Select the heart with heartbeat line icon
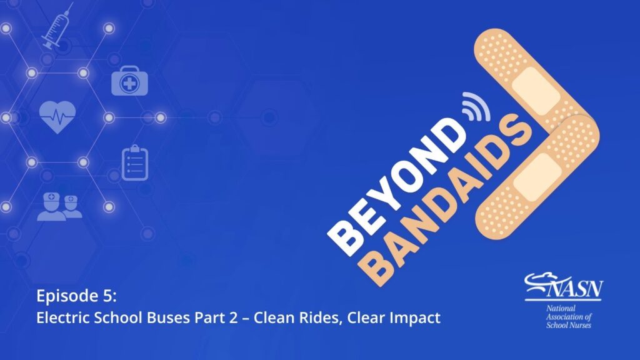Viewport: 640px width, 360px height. pos(57,117)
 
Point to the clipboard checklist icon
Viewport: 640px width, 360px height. pos(135,163)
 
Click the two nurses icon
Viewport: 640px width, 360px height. pos(59,206)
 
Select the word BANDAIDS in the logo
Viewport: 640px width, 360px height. pos(445,200)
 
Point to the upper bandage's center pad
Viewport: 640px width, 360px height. pos(535,91)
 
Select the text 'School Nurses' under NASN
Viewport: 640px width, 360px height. pos(569,325)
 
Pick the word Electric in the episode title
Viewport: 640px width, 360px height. pos(63,317)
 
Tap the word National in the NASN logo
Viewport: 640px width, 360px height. pos(561,308)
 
